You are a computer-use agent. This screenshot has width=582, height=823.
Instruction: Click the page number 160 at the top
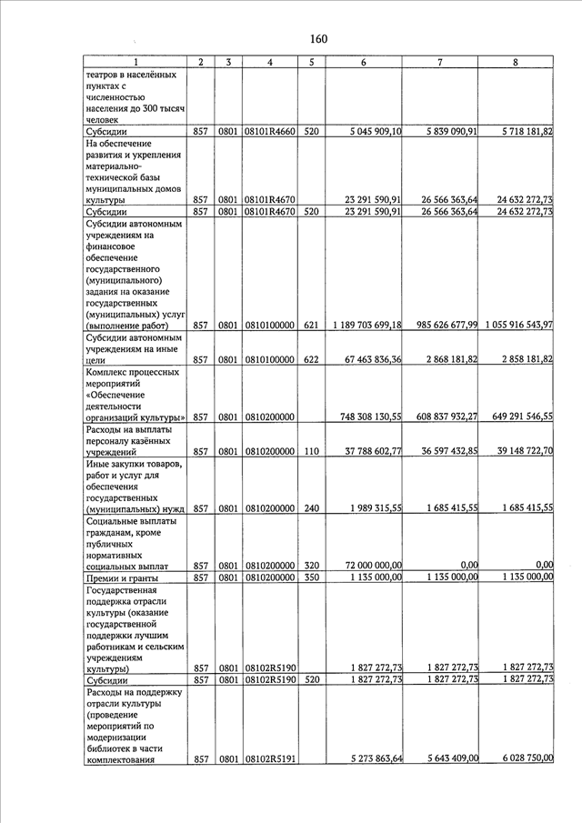[318, 38]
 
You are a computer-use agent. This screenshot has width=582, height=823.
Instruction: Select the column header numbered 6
[364, 62]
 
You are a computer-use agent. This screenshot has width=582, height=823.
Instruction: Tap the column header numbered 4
[270, 62]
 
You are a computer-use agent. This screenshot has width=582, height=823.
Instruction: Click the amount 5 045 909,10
[376, 131]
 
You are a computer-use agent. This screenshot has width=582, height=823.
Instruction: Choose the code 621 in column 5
[311, 325]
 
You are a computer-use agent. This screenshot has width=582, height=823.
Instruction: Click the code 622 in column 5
[311, 360]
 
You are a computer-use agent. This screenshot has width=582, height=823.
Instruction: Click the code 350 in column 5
[311, 577]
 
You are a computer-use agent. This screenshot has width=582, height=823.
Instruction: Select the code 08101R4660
[270, 131]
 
